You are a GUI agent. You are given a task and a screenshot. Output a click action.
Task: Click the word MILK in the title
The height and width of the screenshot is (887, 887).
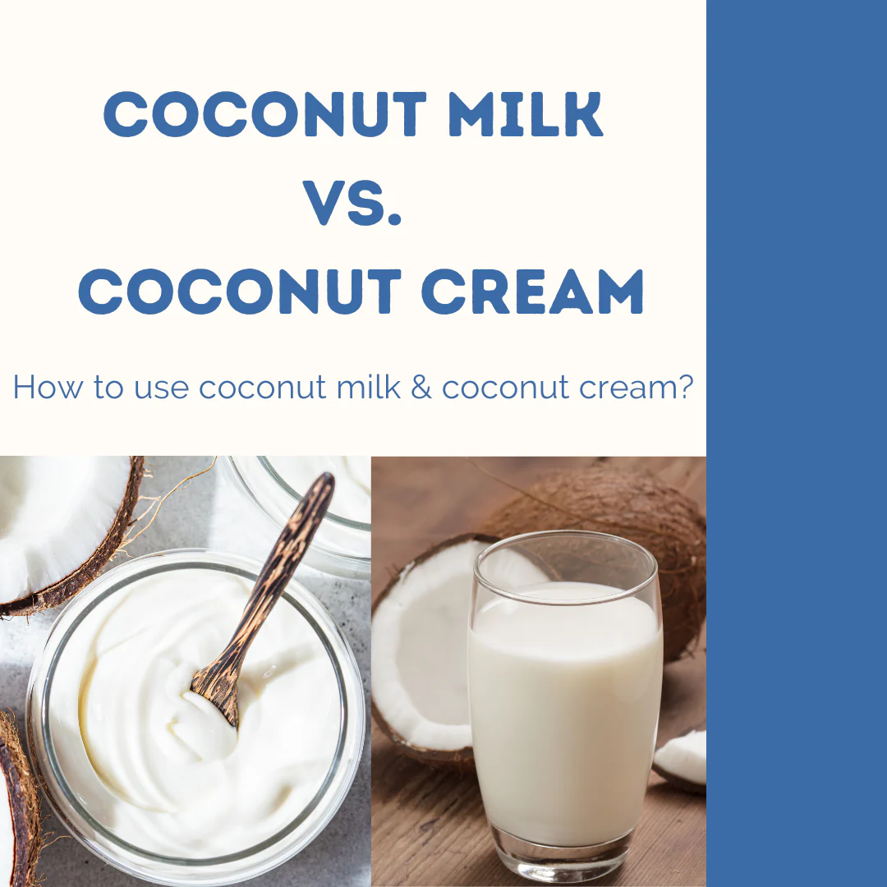[526, 113]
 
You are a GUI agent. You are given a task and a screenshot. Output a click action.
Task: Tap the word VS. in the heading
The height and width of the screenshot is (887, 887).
[352, 203]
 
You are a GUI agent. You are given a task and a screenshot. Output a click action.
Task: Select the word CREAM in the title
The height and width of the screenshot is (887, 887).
[532, 292]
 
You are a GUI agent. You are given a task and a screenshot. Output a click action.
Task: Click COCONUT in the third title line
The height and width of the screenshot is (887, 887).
[240, 292]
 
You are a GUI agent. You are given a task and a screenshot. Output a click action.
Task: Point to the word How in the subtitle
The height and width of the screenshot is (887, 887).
[48, 387]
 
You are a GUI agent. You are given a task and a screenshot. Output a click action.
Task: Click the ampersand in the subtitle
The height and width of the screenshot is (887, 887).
[421, 388]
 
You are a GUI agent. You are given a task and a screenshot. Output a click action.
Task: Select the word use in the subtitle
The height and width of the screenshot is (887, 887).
[161, 390]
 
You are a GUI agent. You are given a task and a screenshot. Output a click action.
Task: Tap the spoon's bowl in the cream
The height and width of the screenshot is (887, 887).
[215, 695]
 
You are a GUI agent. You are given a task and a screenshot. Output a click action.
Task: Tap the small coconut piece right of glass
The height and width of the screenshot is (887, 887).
[681, 759]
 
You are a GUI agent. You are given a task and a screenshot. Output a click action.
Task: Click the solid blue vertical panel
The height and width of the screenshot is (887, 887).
[797, 443]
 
